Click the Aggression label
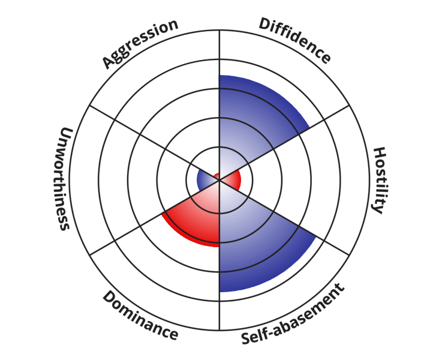(x=140, y=43)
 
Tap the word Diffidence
(x=294, y=41)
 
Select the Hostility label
(x=380, y=179)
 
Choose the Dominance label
(x=140, y=316)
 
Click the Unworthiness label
(x=64, y=178)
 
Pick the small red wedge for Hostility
(x=232, y=179)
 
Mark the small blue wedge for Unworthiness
(x=205, y=179)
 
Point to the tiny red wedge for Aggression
(x=217, y=176)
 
